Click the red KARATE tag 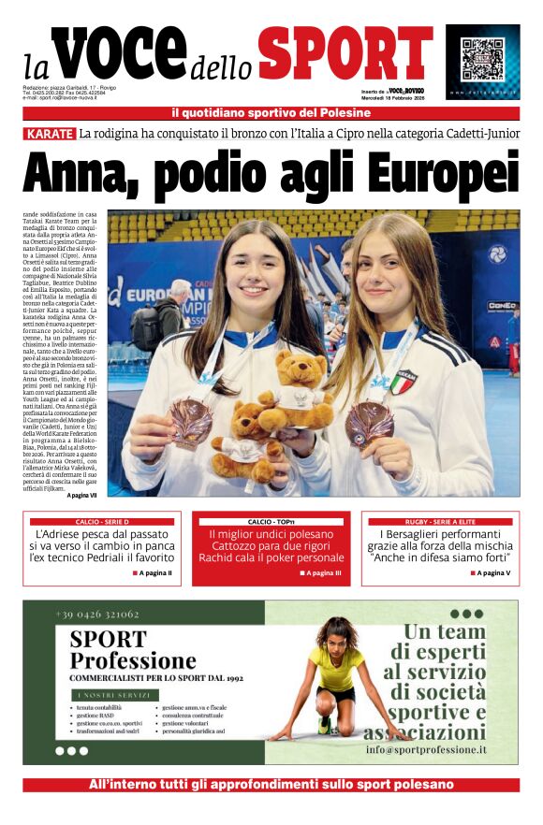50,133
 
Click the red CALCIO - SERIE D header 102,521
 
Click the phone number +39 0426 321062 96,615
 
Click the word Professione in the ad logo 133,660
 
